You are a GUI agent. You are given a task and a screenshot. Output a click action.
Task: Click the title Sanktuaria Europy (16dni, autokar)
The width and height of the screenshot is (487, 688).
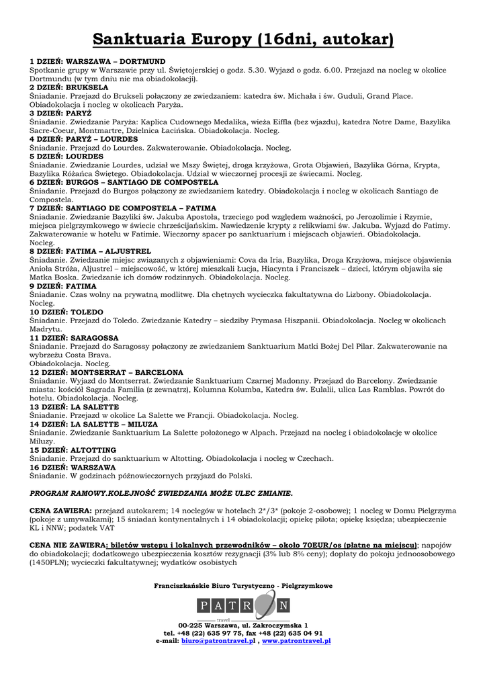tap(243, 40)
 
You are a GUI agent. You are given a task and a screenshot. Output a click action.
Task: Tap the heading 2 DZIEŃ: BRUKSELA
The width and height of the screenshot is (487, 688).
tap(69, 87)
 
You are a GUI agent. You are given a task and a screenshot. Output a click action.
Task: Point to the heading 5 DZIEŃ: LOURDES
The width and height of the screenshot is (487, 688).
tap(67, 157)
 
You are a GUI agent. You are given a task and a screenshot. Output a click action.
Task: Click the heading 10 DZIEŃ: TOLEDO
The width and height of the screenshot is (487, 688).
tap(67, 312)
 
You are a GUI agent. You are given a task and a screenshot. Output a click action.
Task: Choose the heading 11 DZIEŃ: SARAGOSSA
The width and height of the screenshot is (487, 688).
tap(74, 338)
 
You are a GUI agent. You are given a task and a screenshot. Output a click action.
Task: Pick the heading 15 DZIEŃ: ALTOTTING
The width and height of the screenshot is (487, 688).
tap(74, 450)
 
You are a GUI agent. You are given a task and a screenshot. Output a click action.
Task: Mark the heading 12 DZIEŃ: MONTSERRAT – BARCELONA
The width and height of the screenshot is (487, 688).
tap(106, 372)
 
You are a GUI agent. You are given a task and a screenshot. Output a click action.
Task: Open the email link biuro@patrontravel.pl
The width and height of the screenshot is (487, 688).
tap(217, 641)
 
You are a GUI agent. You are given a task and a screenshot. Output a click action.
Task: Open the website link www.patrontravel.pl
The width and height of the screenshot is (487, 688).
tap(296, 641)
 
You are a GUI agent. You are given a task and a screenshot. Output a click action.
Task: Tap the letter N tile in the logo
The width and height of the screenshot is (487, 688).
tap(283, 606)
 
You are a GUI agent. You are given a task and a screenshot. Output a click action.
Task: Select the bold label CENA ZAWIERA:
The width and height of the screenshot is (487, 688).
tap(60, 511)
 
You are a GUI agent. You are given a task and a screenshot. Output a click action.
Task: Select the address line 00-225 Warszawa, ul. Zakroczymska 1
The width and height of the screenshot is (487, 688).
tap(243, 626)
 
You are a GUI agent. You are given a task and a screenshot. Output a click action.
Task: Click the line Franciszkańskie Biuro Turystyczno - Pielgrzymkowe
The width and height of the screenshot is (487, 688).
tap(243, 586)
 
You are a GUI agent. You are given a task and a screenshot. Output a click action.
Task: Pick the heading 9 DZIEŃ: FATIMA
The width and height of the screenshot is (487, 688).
tap(63, 286)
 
